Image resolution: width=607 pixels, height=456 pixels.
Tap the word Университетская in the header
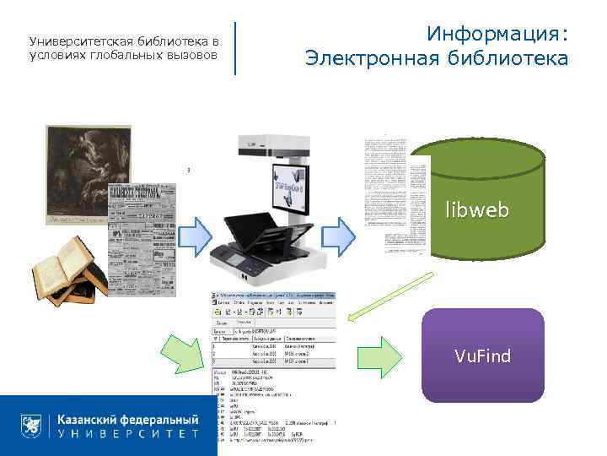[76, 41]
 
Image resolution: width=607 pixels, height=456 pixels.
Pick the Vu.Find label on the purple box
[482, 356]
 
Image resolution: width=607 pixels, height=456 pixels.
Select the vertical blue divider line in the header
[234, 47]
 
